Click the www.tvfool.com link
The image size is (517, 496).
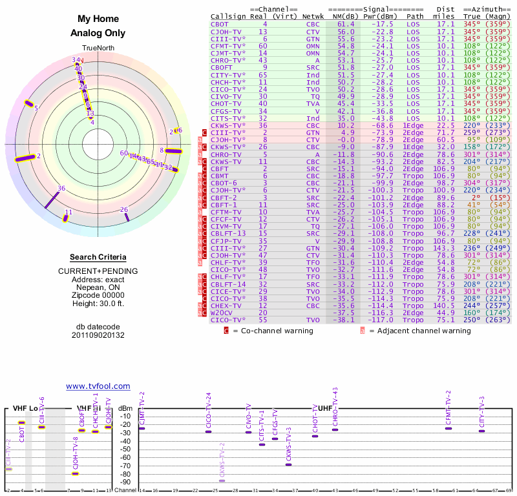pyautogui.click(x=98, y=386)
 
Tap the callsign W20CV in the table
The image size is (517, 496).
pyautogui.click(x=221, y=313)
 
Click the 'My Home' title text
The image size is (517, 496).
pyautogui.click(x=98, y=19)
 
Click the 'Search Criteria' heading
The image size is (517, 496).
pyautogui.click(x=98, y=257)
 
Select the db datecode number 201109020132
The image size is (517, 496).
pyautogui.click(x=98, y=336)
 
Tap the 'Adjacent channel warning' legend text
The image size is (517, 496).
pyautogui.click(x=425, y=331)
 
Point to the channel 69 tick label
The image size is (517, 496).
pyautogui.click(x=509, y=491)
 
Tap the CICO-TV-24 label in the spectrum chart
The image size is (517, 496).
pyautogui.click(x=208, y=409)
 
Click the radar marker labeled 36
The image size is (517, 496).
pyautogui.click(x=61, y=189)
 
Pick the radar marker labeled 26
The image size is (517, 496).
pyautogui.click(x=124, y=209)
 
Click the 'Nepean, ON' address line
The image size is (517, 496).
pyautogui.click(x=98, y=287)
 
